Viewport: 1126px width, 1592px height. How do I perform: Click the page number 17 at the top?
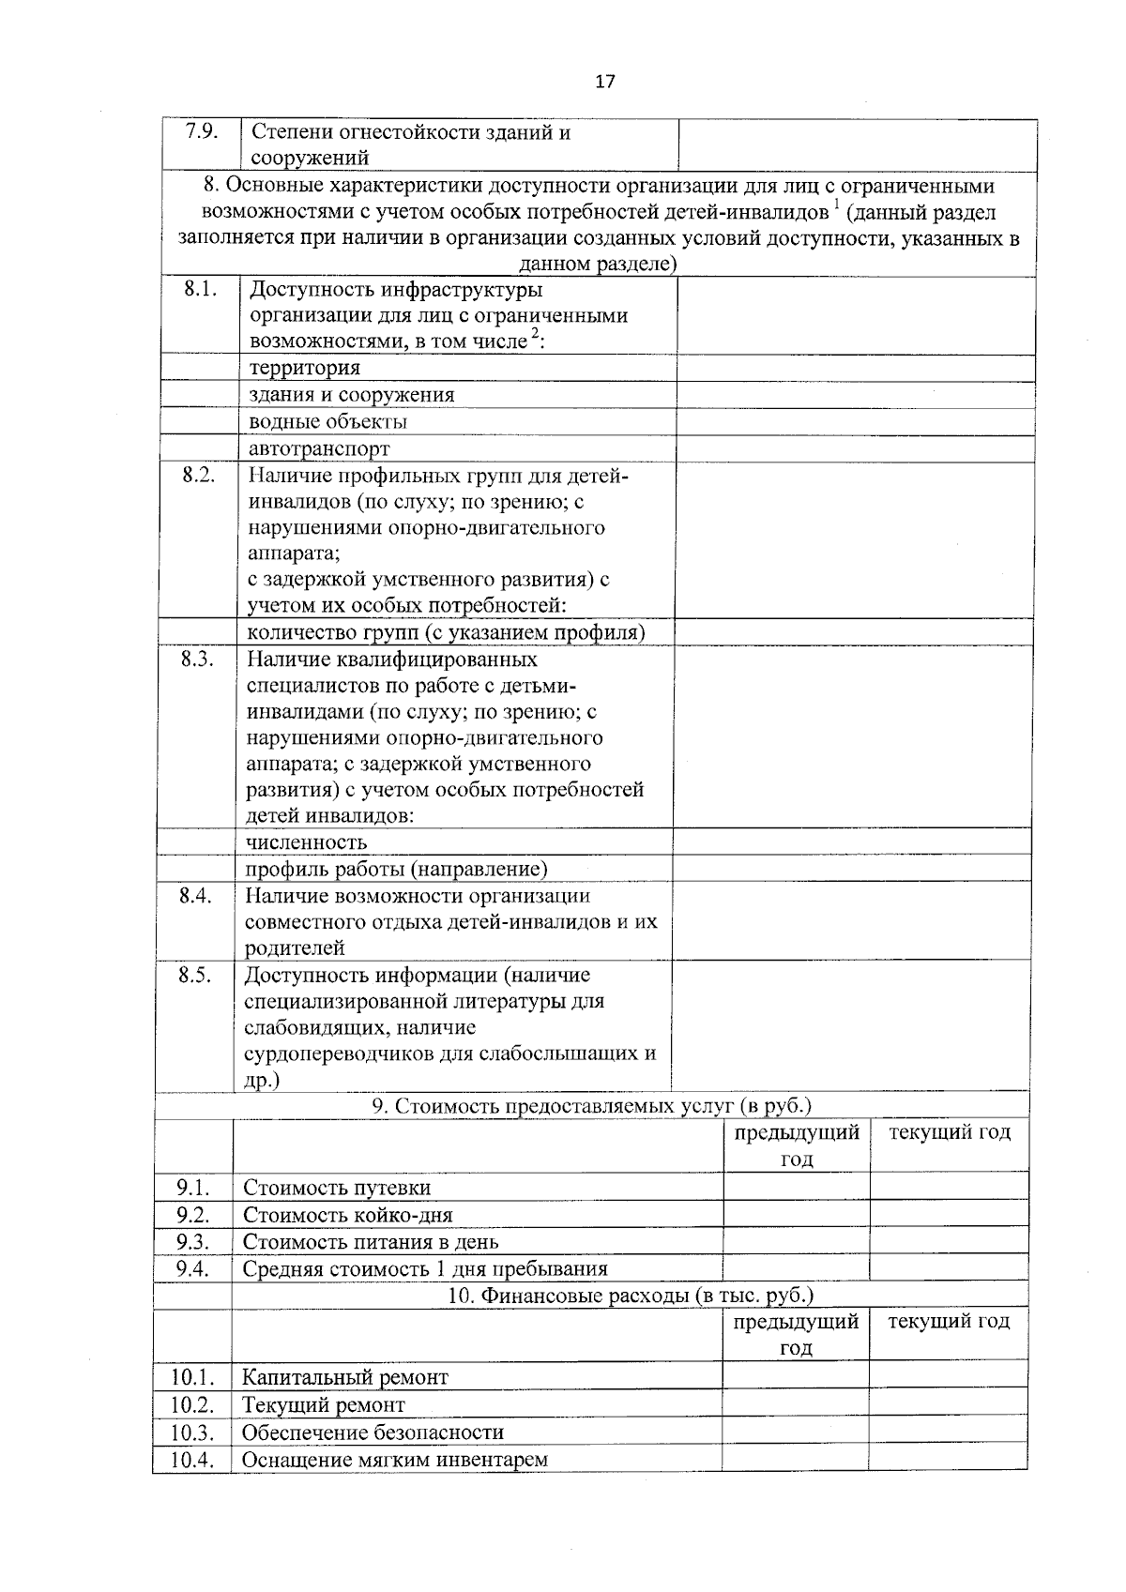tap(605, 82)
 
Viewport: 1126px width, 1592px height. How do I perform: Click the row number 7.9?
tap(202, 131)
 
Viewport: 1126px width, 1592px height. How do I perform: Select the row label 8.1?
tap(200, 289)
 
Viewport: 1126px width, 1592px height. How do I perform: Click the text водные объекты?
tap(327, 421)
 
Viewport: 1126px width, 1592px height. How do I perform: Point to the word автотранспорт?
tap(319, 448)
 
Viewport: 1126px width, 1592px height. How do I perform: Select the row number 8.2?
tap(199, 475)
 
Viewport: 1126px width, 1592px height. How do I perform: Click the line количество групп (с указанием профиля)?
tap(446, 632)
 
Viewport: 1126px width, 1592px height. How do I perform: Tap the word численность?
tap(306, 842)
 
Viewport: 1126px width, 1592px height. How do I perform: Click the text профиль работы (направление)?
tap(396, 870)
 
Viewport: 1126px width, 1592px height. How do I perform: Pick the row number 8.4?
tap(195, 895)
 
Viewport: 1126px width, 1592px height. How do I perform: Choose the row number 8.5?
tap(195, 975)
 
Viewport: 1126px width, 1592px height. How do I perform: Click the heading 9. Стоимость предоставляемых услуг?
tap(591, 1105)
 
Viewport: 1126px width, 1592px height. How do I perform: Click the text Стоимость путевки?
tap(337, 1188)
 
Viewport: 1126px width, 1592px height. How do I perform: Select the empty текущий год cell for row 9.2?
tap(949, 1215)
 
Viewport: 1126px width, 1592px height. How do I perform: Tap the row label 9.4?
tap(192, 1269)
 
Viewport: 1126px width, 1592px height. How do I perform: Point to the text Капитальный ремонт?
tap(344, 1377)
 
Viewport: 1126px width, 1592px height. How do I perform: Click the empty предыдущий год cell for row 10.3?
tap(795, 1432)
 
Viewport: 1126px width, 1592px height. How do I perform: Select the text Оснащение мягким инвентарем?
tap(394, 1460)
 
